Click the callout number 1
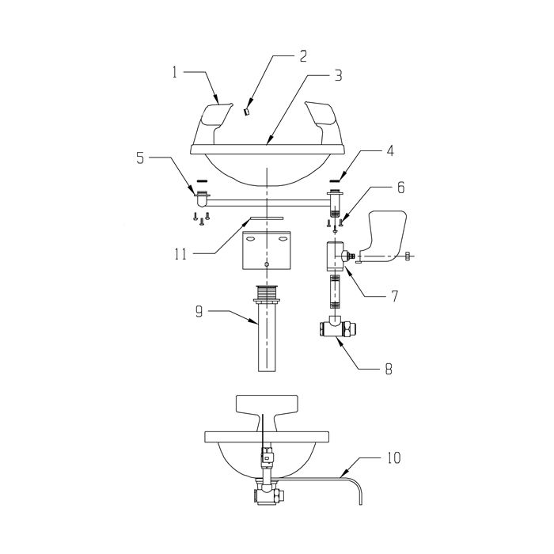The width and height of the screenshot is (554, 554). (x=174, y=73)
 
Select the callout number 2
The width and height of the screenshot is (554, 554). (x=303, y=56)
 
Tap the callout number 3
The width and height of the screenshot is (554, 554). (x=339, y=75)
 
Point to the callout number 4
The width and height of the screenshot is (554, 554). (x=390, y=151)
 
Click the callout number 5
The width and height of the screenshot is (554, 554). (x=140, y=158)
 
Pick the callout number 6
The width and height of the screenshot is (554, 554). (x=400, y=188)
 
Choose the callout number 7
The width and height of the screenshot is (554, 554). (x=394, y=296)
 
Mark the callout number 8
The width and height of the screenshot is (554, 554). (x=389, y=369)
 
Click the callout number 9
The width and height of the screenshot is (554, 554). (x=199, y=312)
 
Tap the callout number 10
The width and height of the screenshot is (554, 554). (x=393, y=458)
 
